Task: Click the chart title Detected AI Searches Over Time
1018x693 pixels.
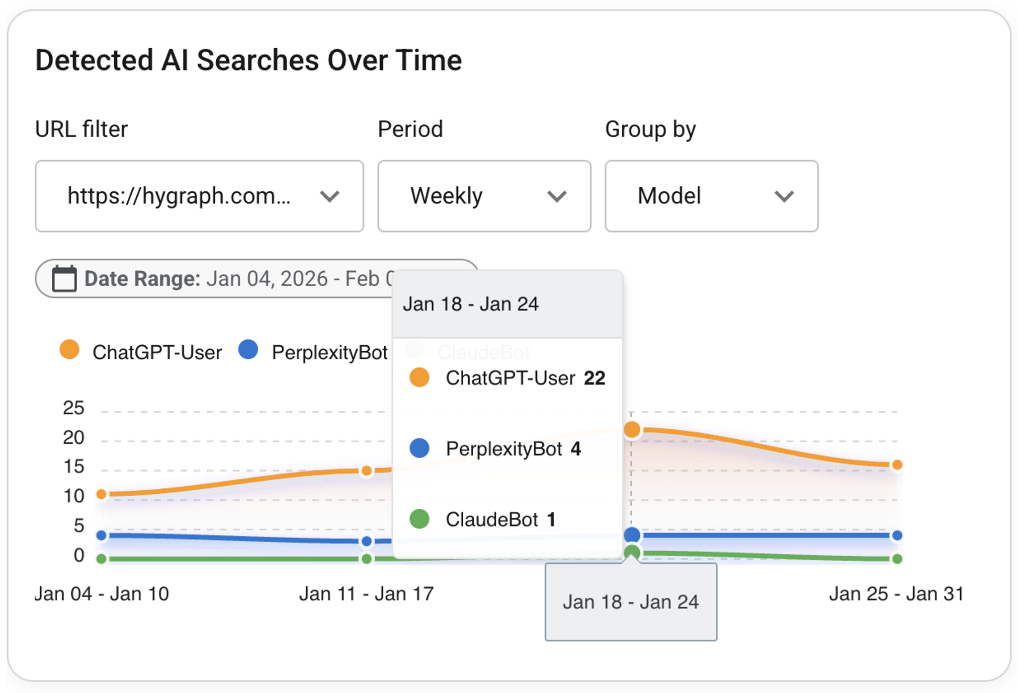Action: pyautogui.click(x=249, y=61)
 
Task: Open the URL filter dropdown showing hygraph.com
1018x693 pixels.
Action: pyautogui.click(x=199, y=196)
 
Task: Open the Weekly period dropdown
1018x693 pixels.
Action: pyautogui.click(x=484, y=196)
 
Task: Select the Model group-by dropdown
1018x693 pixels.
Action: pyautogui.click(x=711, y=196)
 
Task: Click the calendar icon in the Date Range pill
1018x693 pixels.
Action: pyautogui.click(x=65, y=279)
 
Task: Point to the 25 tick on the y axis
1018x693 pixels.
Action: pyautogui.click(x=74, y=408)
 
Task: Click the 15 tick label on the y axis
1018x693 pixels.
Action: pyautogui.click(x=74, y=466)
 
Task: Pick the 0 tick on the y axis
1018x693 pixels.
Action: pyautogui.click(x=79, y=555)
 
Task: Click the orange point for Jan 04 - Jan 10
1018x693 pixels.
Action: pyautogui.click(x=101, y=494)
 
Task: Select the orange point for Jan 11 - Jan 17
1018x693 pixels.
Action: pyautogui.click(x=366, y=470)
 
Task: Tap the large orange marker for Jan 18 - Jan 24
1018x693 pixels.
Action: pyautogui.click(x=632, y=429)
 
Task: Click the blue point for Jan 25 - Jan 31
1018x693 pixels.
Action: pyautogui.click(x=897, y=535)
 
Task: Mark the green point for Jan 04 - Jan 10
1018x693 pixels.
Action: pyautogui.click(x=101, y=559)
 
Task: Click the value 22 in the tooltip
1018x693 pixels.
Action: pyautogui.click(x=594, y=379)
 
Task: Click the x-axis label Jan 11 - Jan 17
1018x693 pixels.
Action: pyautogui.click(x=366, y=594)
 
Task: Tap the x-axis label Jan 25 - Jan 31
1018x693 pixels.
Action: pyautogui.click(x=896, y=594)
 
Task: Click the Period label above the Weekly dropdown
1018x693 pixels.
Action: pyautogui.click(x=410, y=129)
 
